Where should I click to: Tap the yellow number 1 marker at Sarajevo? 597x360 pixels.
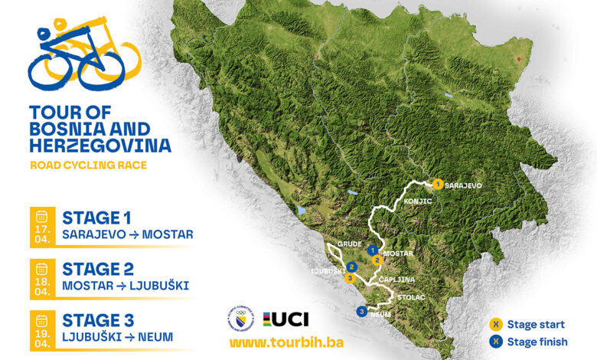point(437,184)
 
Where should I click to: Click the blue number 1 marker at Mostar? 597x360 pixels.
point(372,250)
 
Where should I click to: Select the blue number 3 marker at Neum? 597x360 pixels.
point(360,311)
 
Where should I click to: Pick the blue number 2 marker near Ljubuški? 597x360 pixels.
point(351,267)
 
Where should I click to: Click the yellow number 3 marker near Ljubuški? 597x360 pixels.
point(350,278)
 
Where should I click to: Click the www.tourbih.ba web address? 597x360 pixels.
point(274,342)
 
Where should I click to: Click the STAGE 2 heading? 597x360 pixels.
point(98,270)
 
